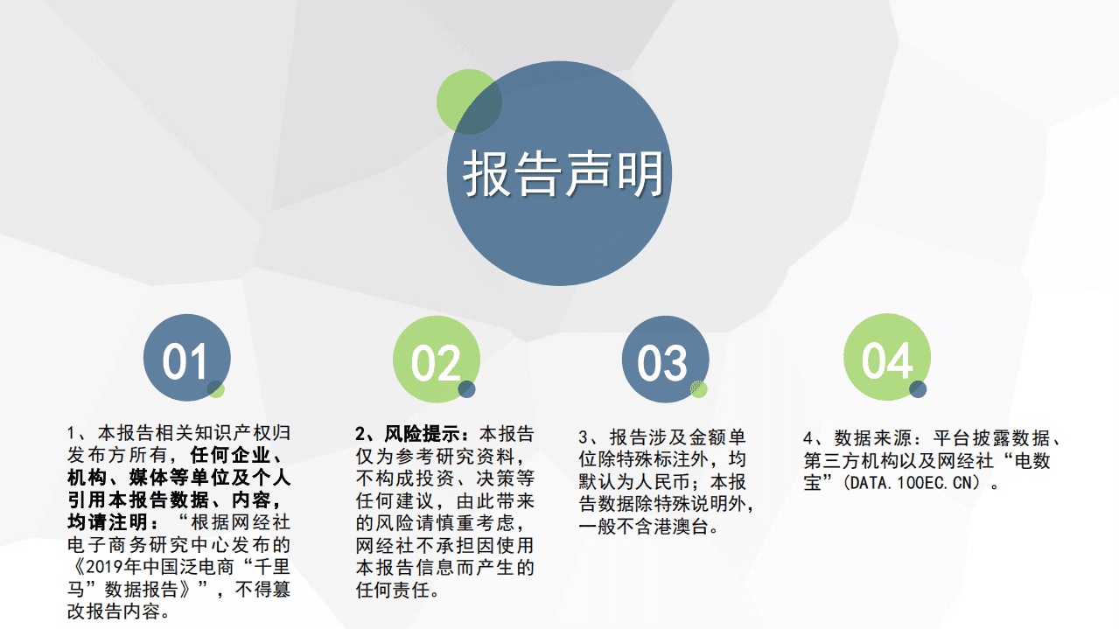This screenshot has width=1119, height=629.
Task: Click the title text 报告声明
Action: click(x=563, y=175)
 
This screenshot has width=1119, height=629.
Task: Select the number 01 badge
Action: click(x=186, y=360)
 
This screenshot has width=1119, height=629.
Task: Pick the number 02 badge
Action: click(x=436, y=360)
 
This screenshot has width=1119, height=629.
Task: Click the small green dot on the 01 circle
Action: click(x=216, y=388)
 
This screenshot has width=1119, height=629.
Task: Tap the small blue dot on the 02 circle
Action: click(x=466, y=389)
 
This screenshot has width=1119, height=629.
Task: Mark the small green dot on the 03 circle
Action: click(x=698, y=390)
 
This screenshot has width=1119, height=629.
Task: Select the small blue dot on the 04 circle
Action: click(x=918, y=389)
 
